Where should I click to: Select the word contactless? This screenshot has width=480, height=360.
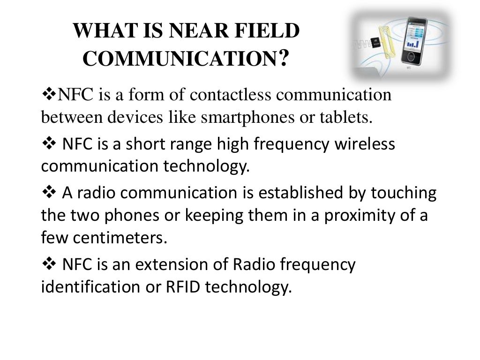pyautogui.click(x=230, y=95)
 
